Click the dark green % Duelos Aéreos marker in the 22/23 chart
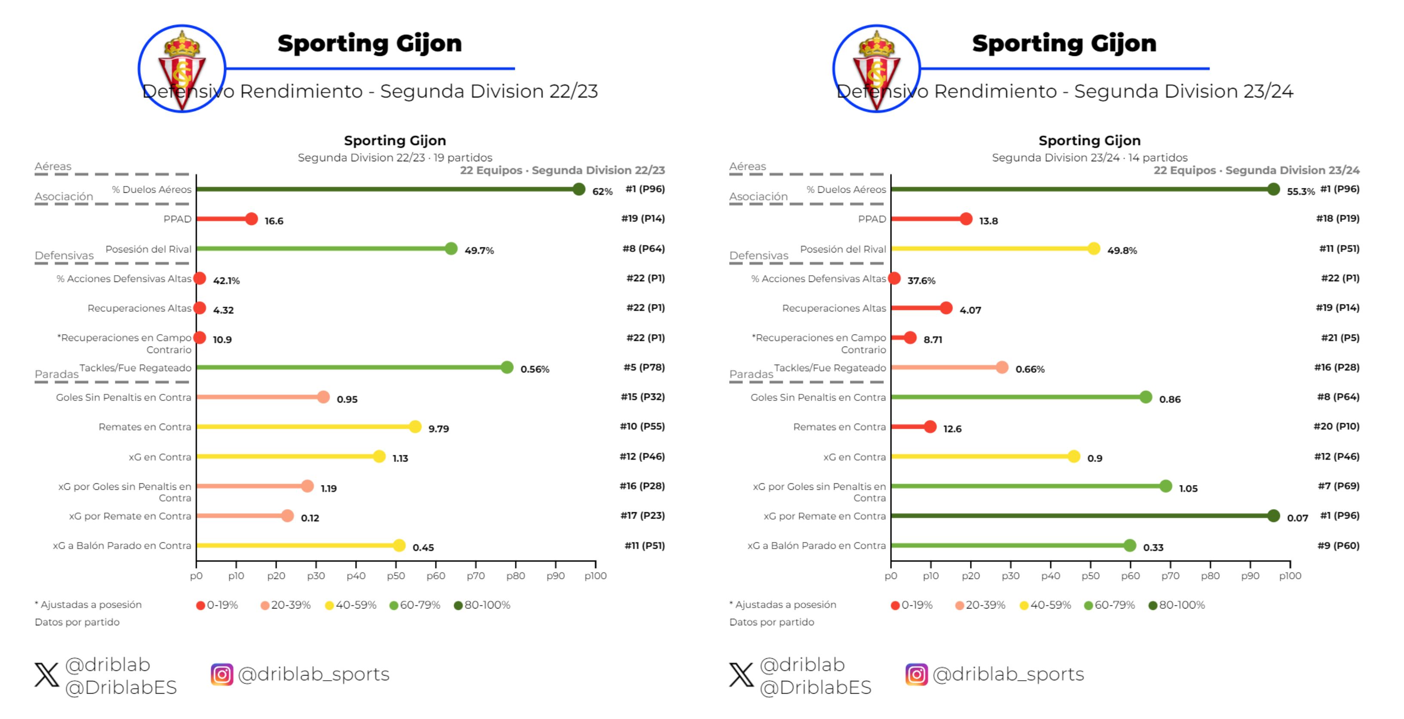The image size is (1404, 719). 579,189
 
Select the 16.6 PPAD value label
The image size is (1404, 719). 274,221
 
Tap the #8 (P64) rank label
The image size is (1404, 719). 643,249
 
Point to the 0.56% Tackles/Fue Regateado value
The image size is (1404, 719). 534,369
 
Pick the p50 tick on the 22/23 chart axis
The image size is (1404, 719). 396,575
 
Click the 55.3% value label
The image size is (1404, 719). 1300,191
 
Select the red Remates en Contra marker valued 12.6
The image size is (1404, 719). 930,427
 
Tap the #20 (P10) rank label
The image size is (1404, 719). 1336,426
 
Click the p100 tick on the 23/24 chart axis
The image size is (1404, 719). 1290,575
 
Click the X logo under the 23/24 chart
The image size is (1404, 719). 741,674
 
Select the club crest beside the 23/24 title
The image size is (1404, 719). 876,68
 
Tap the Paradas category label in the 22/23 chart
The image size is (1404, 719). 57,374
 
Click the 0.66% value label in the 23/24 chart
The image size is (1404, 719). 1030,369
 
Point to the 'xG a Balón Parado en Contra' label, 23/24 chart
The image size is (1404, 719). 816,545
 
